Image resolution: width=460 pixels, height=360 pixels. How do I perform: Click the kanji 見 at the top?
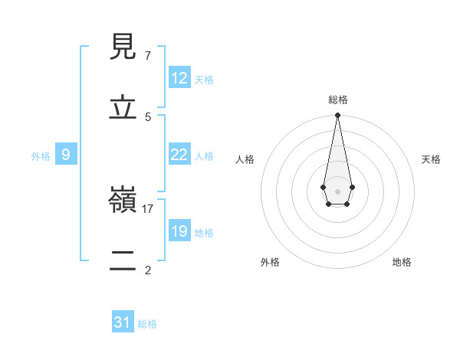coord(123,47)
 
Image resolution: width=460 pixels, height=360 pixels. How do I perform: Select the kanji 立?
coord(123,107)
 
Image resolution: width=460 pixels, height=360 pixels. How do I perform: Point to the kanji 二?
coord(123,260)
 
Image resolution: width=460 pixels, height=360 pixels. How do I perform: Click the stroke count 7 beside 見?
coord(147,56)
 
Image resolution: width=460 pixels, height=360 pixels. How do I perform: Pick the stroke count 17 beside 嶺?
coord(148,208)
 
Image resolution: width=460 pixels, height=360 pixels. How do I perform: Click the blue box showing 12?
coord(179,78)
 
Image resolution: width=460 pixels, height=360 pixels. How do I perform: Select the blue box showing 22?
coord(179,155)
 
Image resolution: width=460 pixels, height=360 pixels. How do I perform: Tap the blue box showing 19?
coord(179,231)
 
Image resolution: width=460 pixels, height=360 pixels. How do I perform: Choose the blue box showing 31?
coord(123,322)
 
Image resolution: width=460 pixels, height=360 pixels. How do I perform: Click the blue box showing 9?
coord(66,155)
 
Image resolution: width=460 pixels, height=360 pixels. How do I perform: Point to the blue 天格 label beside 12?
coord(204,80)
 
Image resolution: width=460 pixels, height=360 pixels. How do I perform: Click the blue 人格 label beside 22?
coord(204,156)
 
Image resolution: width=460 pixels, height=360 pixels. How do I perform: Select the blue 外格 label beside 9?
coord(41,156)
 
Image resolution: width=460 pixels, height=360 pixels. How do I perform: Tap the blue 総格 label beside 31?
coord(147,324)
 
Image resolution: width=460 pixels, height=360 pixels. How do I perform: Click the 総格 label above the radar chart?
coord(337,100)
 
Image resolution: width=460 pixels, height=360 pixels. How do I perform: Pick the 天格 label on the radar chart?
coord(431,159)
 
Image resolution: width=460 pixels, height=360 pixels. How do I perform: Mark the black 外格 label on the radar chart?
coord(270,262)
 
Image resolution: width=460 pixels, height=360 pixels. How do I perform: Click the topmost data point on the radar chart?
coord(337,115)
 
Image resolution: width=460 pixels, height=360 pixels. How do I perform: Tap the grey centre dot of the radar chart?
coord(337,190)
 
